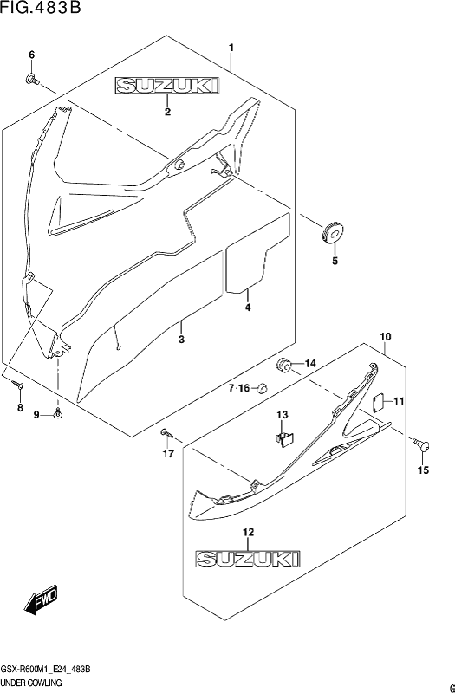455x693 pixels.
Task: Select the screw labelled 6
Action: click(32, 79)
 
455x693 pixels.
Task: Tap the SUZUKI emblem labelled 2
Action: click(167, 86)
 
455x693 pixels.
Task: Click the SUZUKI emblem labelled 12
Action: click(249, 558)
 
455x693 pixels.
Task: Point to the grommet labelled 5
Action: click(332, 232)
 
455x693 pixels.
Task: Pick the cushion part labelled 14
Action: click(283, 365)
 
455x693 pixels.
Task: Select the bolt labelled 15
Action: click(421, 444)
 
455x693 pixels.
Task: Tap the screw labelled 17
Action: click(166, 432)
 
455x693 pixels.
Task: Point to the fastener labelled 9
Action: click(58, 414)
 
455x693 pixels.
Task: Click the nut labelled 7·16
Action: click(263, 388)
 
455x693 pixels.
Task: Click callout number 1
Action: click(231, 48)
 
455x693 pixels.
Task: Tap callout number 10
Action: click(385, 337)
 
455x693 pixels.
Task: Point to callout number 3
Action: click(181, 340)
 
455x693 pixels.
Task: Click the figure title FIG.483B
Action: click(41, 8)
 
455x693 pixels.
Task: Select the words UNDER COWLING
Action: click(31, 683)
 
